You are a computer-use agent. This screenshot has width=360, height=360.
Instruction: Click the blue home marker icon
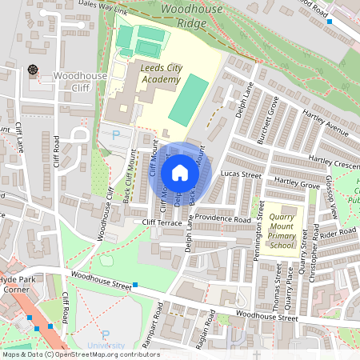pyautogui.click(x=180, y=172)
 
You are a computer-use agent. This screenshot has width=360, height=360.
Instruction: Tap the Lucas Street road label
pyautogui.click(x=241, y=174)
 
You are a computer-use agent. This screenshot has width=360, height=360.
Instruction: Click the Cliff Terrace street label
pyautogui.click(x=163, y=222)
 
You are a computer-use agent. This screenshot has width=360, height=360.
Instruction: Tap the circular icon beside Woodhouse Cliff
pyautogui.click(x=33, y=70)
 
